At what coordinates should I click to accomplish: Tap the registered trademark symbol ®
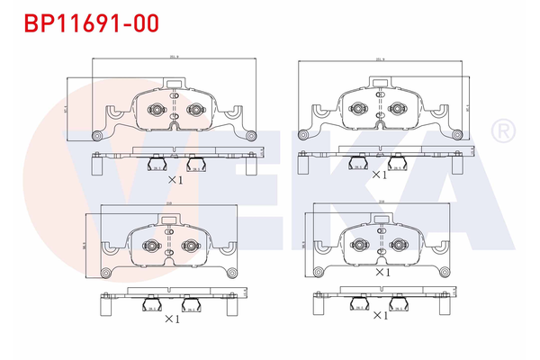click(x=502, y=132)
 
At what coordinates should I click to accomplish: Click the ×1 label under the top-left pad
click(x=175, y=180)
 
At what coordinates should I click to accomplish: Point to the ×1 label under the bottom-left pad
click(x=172, y=318)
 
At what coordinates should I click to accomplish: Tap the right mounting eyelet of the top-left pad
click(x=251, y=135)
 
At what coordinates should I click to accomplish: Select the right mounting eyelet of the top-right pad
click(x=460, y=135)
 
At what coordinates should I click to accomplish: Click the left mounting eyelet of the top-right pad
click(x=306, y=135)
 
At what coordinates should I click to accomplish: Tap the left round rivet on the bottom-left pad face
click(x=150, y=245)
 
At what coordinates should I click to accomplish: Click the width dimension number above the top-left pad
click(x=174, y=57)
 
